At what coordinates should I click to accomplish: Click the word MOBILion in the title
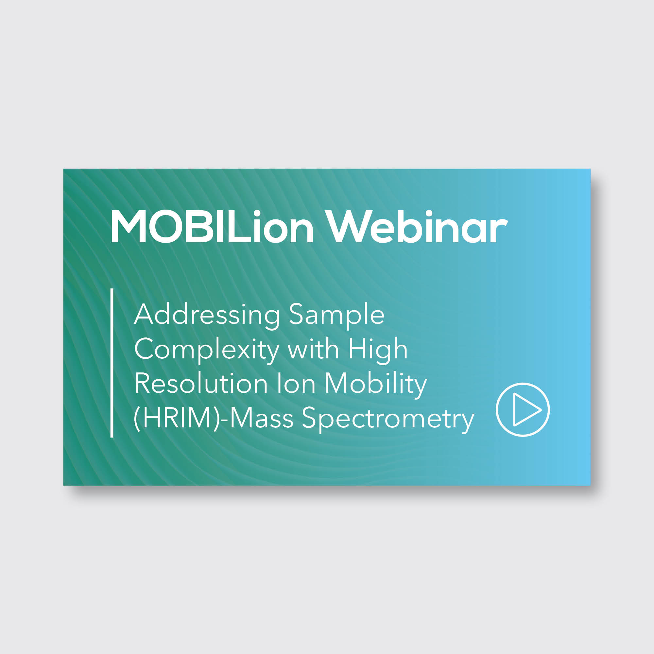pyautogui.click(x=212, y=227)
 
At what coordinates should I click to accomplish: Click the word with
pyautogui.click(x=313, y=349)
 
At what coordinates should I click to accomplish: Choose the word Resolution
pyautogui.click(x=201, y=384)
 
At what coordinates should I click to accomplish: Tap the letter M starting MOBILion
pyautogui.click(x=128, y=227)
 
